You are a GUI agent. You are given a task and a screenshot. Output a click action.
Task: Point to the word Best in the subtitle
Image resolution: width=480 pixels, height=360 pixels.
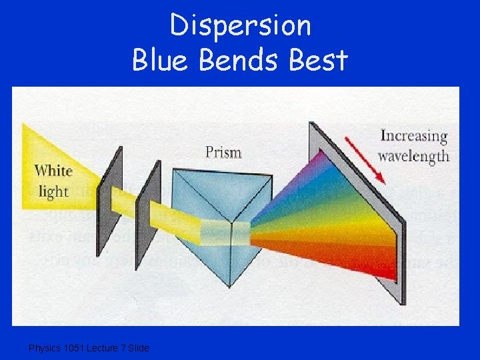coord(319,61)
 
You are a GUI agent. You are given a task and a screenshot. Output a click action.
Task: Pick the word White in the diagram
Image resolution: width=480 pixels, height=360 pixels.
coord(54,171)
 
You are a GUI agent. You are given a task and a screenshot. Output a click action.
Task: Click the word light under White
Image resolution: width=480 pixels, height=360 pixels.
coord(53,191)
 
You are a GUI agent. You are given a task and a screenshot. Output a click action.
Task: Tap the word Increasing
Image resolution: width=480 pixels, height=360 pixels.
coord(413,137)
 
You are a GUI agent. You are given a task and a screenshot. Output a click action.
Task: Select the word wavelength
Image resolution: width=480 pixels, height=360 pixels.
coord(413,157)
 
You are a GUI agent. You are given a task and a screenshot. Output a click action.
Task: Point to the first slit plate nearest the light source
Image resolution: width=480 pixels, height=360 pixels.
coord(111,200)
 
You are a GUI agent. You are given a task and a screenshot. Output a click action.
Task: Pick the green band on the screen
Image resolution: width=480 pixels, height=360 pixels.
coord(340,203)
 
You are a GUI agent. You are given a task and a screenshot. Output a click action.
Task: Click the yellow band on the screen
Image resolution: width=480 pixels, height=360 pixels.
coord(353,227)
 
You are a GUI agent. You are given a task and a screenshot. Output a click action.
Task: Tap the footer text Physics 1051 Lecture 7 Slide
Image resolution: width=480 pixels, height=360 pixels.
coord(89,348)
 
